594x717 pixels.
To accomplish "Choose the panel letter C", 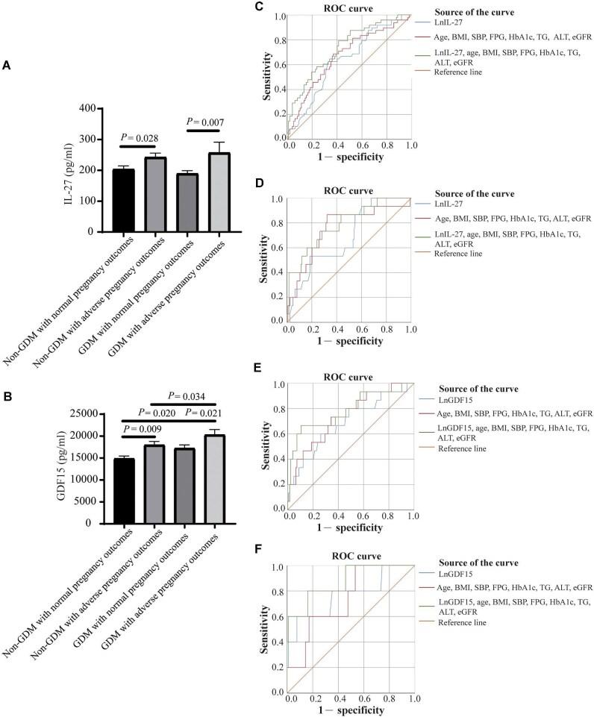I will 259,7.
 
